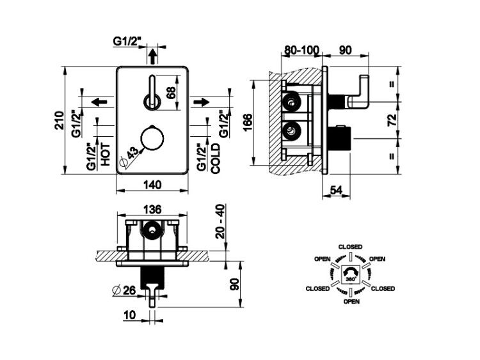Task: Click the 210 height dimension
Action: [x=60, y=120]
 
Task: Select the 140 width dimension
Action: [x=152, y=185]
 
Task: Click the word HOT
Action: [x=106, y=155]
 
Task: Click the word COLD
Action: [x=216, y=159]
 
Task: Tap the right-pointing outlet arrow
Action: [x=201, y=102]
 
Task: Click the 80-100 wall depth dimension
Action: [x=302, y=50]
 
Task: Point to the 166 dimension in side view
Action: [x=248, y=122]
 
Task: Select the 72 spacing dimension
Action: [x=392, y=120]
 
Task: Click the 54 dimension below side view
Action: [x=336, y=190]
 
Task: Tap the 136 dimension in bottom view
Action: [x=152, y=210]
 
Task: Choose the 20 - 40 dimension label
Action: [x=221, y=221]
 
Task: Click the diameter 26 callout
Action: [x=124, y=290]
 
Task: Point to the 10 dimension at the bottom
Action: [x=130, y=315]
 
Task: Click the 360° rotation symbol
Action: [x=351, y=274]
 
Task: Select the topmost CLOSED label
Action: [x=350, y=247]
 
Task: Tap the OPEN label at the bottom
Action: [x=351, y=302]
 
